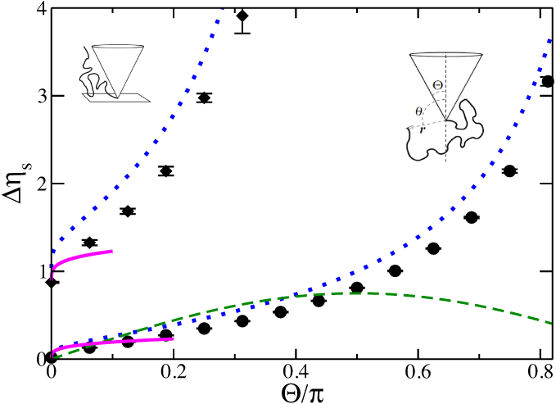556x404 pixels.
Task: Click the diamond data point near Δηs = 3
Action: (x=204, y=98)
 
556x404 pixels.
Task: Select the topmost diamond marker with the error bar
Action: (x=242, y=16)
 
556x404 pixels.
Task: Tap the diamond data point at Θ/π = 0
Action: (x=52, y=282)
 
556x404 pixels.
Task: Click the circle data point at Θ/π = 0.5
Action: (x=356, y=288)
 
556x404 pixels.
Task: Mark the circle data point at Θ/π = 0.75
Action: (x=509, y=171)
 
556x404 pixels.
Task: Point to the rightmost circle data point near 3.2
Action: (x=547, y=81)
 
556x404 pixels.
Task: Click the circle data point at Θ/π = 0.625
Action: (x=433, y=248)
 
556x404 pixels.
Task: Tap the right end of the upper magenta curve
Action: (x=111, y=251)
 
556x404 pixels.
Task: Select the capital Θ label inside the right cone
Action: (x=438, y=85)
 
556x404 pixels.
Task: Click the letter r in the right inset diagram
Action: (x=423, y=129)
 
